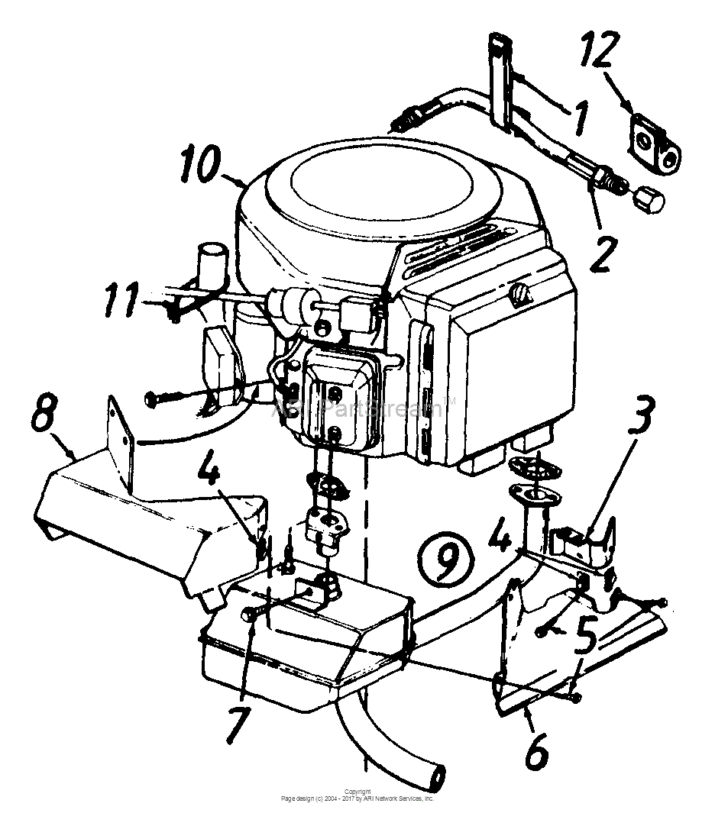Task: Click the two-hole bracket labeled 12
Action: [654, 140]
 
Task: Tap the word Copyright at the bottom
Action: [357, 792]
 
